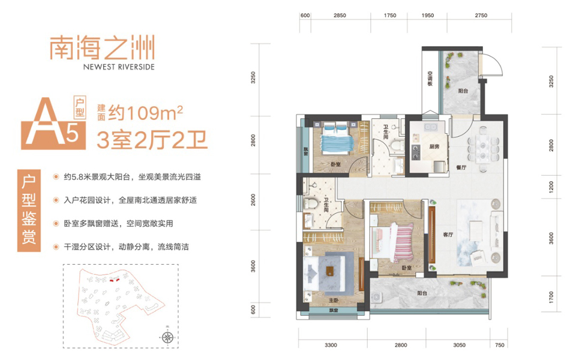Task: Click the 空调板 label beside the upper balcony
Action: [x=430, y=79]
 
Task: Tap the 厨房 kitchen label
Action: [x=434, y=146]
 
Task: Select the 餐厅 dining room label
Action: [x=461, y=167]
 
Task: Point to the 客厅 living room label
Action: [x=448, y=235]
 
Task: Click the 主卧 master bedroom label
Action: [x=333, y=301]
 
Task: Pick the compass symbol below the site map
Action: [x=167, y=337]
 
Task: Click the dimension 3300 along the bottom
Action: [x=331, y=345]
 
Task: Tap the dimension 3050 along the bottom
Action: [x=459, y=345]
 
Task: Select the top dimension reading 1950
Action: [x=428, y=16]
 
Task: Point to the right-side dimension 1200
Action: [x=551, y=187]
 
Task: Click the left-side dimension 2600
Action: [x=253, y=200]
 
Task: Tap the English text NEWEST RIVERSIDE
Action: [x=119, y=67]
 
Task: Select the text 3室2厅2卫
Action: [x=152, y=140]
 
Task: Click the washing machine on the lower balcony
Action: [x=377, y=297]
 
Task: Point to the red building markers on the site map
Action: [x=115, y=280]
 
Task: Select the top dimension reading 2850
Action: [x=340, y=16]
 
